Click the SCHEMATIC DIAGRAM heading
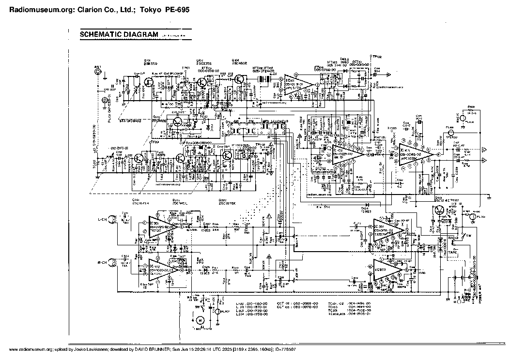point(119,34)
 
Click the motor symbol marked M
point(200,320)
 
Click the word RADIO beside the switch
point(452,238)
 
